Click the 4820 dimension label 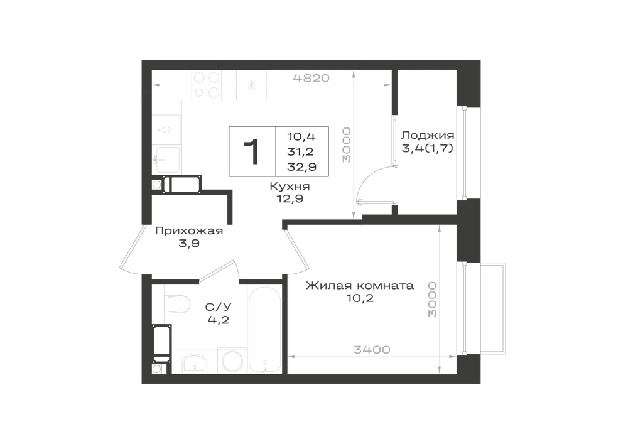click(x=311, y=78)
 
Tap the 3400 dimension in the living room click(x=372, y=350)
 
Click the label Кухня click(x=290, y=186)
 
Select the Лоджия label click(x=428, y=135)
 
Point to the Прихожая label click(x=189, y=231)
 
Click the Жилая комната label click(x=360, y=286)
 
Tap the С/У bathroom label click(x=219, y=307)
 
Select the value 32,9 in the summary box click(x=301, y=167)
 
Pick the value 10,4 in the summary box click(x=301, y=136)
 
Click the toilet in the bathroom click(x=177, y=305)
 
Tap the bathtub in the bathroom click(x=264, y=329)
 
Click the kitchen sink click(x=168, y=159)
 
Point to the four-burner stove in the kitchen click(x=207, y=85)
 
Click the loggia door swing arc click(x=367, y=180)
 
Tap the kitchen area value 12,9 click(x=290, y=198)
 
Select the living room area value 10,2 click(x=360, y=298)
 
